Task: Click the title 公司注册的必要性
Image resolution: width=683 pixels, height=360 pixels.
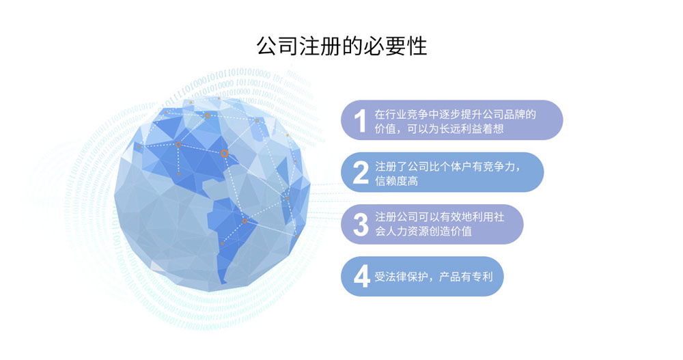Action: pyautogui.click(x=341, y=46)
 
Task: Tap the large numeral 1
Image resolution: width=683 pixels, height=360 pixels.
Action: pyautogui.click(x=360, y=121)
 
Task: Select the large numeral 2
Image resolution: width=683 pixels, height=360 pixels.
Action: pyautogui.click(x=361, y=173)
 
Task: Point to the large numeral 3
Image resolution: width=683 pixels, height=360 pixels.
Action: pyautogui.click(x=361, y=225)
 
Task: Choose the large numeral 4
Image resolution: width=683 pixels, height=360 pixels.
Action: pyautogui.click(x=361, y=277)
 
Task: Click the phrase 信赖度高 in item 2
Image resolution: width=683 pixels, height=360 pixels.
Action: pyautogui.click(x=396, y=180)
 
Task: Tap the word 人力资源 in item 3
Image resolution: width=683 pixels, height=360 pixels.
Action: pyautogui.click(x=407, y=231)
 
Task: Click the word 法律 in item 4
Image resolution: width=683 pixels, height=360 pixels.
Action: pyautogui.click(x=396, y=277)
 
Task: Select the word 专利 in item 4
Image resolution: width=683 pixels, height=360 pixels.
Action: pyautogui.click(x=482, y=277)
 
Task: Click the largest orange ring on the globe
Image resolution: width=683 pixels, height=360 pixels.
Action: pyautogui.click(x=224, y=154)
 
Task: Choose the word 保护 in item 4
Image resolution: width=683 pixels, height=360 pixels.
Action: pyautogui.click(x=417, y=277)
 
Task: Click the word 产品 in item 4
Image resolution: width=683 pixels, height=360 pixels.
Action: pyautogui.click(x=450, y=277)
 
